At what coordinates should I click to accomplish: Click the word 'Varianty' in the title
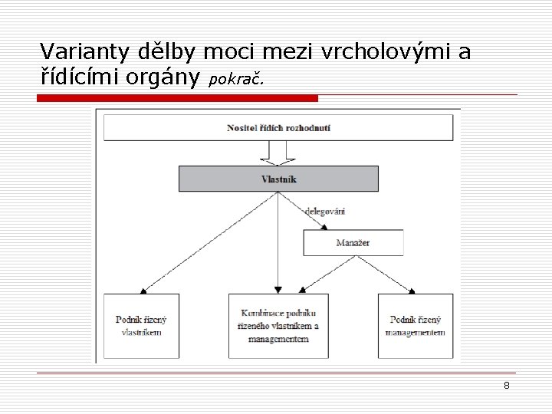click(x=75, y=52)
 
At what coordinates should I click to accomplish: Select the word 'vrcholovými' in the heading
click(x=386, y=52)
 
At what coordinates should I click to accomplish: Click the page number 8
click(x=507, y=386)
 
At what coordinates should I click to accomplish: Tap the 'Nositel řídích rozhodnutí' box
click(x=278, y=127)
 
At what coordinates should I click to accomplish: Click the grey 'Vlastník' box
click(x=278, y=179)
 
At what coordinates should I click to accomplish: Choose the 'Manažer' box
click(x=353, y=243)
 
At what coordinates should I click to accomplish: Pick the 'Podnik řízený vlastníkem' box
click(x=139, y=326)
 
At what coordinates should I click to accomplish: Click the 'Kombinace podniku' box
click(x=278, y=326)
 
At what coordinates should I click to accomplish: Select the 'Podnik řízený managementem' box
click(x=414, y=326)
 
